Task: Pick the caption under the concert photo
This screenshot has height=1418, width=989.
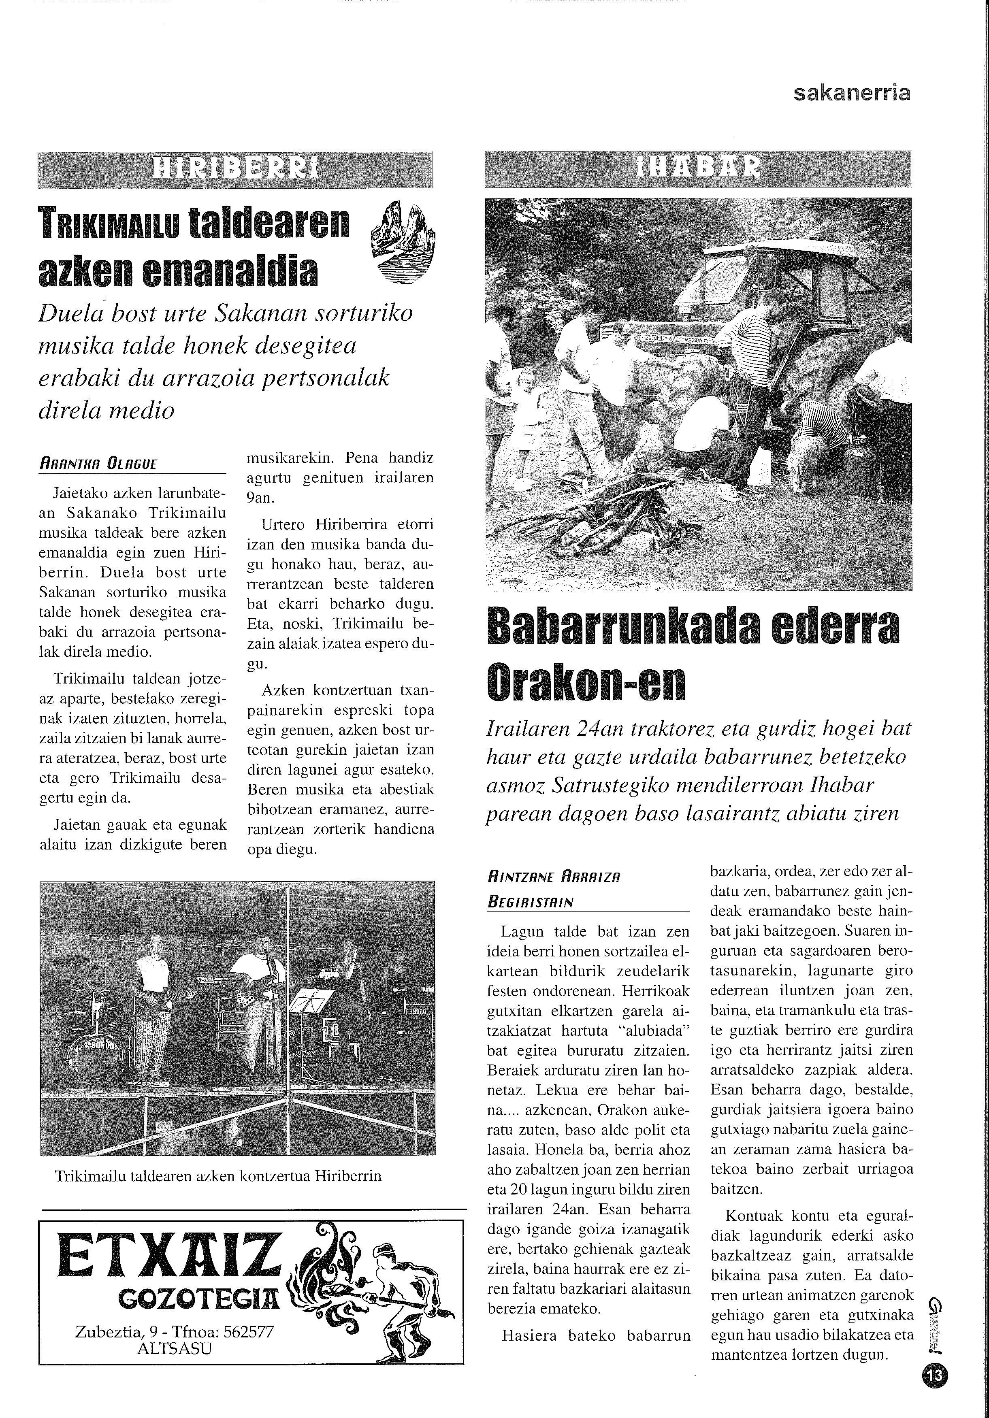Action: [218, 1175]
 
